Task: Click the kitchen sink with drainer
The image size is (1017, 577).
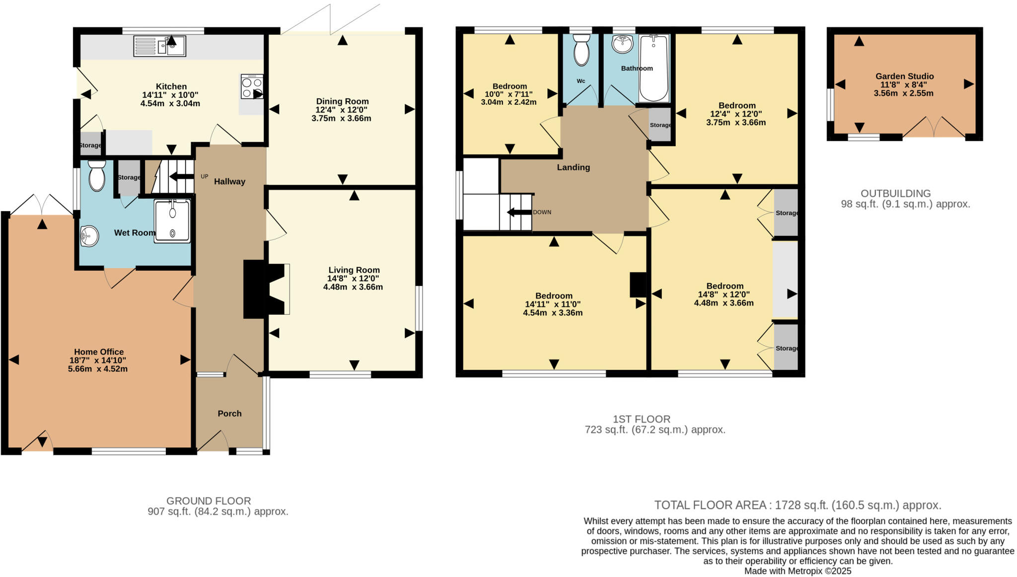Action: (x=159, y=46)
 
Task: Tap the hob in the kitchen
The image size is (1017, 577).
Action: (x=251, y=87)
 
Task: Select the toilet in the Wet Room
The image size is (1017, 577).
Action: (x=97, y=175)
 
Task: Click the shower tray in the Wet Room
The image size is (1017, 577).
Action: (x=172, y=221)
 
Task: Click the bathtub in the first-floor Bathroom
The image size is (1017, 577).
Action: (x=654, y=68)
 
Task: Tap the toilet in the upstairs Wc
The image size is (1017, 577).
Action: (x=581, y=50)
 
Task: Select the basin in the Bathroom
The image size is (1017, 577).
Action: (x=622, y=44)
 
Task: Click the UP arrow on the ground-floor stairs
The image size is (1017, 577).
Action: (x=182, y=177)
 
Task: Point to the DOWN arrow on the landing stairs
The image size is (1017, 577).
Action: (x=518, y=213)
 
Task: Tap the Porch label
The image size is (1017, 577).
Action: (x=229, y=414)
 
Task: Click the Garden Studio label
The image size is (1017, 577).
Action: (x=904, y=76)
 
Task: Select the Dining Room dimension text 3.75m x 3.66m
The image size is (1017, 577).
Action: (x=342, y=119)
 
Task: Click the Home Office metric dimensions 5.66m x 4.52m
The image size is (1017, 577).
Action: (x=98, y=369)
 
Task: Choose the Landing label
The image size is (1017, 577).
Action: (x=573, y=167)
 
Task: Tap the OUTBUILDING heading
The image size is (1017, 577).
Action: (x=895, y=194)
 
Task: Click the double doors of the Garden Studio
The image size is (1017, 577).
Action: (x=934, y=128)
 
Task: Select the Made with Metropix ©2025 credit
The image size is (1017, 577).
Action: (x=798, y=572)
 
